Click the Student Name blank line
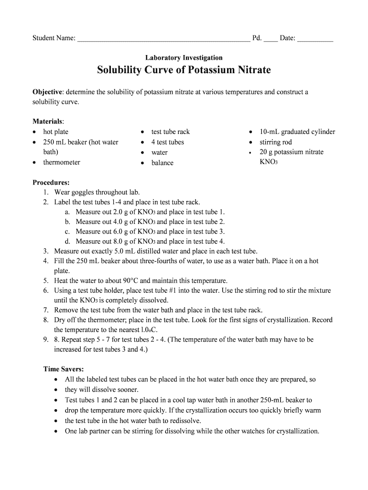tap(163, 39)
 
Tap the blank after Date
tap(315, 39)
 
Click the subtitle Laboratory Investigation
tap(184, 58)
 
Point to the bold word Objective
tap(47, 92)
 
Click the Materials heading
tap(48, 122)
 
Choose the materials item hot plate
tap(56, 132)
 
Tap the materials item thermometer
tap(62, 163)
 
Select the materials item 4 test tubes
tap(167, 142)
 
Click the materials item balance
tap(162, 163)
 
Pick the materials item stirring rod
tap(276, 142)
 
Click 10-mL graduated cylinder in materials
tap(297, 132)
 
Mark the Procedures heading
tap(51, 183)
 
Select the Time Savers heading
tap(64, 369)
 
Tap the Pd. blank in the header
tap(271, 39)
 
